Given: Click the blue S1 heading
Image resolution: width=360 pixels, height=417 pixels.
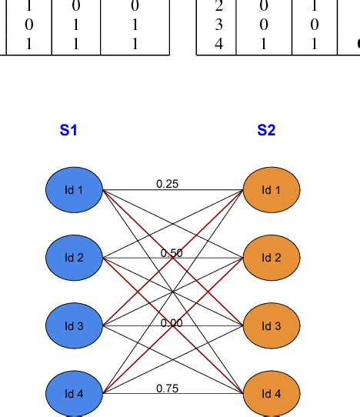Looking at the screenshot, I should pyautogui.click(x=68, y=130).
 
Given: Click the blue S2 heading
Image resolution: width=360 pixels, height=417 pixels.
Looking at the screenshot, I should pyautogui.click(x=266, y=130).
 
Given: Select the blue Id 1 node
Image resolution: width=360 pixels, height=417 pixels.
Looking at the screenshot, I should pyautogui.click(x=74, y=189).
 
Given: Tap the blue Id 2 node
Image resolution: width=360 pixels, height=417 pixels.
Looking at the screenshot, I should pyautogui.click(x=74, y=257).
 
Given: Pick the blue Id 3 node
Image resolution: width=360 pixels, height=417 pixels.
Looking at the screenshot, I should pyautogui.click(x=74, y=325).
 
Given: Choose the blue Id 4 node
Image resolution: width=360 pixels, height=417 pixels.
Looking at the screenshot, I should pyautogui.click(x=74, y=393).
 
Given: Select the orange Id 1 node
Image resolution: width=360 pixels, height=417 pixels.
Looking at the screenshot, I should pyautogui.click(x=272, y=189).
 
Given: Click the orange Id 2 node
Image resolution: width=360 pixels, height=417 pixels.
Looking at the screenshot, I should pyautogui.click(x=272, y=257).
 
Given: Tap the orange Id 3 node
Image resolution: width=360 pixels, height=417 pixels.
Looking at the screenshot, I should pyautogui.click(x=272, y=325).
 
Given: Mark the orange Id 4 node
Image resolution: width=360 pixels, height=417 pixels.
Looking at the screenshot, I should pyautogui.click(x=272, y=393).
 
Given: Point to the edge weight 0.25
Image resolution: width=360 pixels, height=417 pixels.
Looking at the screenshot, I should pyautogui.click(x=167, y=184).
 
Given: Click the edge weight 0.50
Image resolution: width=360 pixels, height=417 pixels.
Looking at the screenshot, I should pyautogui.click(x=172, y=253).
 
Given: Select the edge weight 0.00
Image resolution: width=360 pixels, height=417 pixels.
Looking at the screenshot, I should pyautogui.click(x=172, y=323).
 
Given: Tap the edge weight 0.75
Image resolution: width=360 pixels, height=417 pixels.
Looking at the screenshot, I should pyautogui.click(x=167, y=389).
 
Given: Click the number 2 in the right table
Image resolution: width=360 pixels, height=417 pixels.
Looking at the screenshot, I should pyautogui.click(x=219, y=8).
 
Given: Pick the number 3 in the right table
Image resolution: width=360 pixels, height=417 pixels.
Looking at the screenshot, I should pyautogui.click(x=219, y=25).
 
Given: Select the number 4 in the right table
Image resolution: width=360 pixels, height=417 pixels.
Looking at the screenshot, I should pyautogui.click(x=219, y=43).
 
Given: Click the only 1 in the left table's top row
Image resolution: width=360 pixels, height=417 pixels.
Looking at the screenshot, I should pyautogui.click(x=29, y=8).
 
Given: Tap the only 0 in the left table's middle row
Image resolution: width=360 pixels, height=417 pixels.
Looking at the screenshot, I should pyautogui.click(x=29, y=25).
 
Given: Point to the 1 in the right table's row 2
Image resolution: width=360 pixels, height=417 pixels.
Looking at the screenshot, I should pyautogui.click(x=315, y=8).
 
